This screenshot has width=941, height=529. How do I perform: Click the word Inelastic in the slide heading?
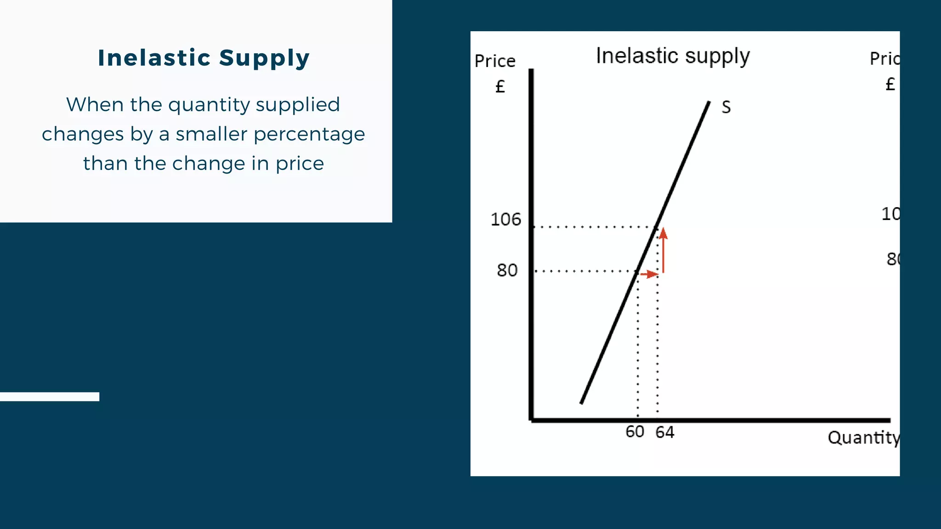(x=154, y=58)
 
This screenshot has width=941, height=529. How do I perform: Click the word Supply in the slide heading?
(x=264, y=59)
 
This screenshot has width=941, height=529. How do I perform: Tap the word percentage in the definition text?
(x=309, y=135)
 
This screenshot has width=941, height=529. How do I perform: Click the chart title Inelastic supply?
(x=673, y=56)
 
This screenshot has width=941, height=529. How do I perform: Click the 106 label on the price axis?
(x=505, y=219)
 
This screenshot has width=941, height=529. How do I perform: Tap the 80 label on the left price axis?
(x=507, y=270)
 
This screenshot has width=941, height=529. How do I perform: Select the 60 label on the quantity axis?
(x=635, y=432)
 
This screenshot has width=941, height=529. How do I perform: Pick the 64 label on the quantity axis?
(x=664, y=432)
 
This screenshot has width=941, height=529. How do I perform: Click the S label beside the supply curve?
(x=726, y=107)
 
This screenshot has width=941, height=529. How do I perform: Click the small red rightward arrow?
(x=649, y=274)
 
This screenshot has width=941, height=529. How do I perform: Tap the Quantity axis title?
(x=863, y=438)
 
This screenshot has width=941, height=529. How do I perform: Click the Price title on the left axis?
(x=495, y=61)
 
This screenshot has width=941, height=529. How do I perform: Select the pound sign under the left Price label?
(x=500, y=86)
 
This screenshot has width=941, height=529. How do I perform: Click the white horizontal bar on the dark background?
(x=50, y=397)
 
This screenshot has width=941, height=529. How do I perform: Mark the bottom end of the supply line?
(x=582, y=403)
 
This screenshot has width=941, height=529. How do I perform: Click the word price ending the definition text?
(x=300, y=164)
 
